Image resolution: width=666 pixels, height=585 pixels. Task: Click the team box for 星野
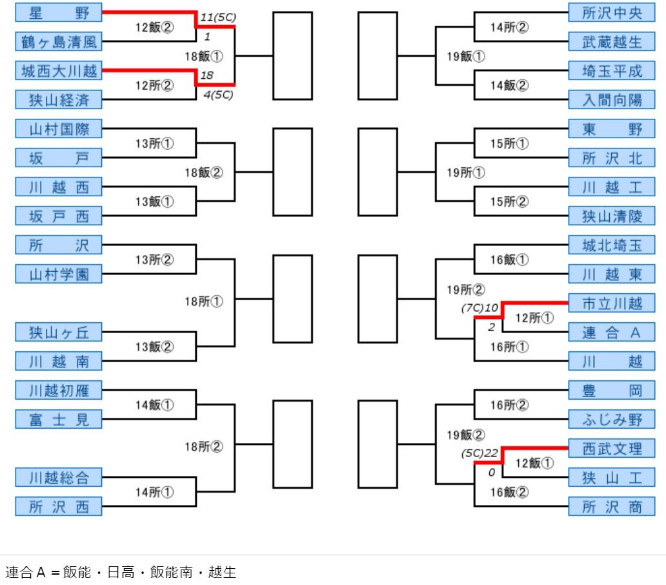(58, 12)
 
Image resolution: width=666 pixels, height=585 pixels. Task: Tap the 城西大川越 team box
(58, 70)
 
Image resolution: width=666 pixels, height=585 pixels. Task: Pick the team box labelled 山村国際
(58, 129)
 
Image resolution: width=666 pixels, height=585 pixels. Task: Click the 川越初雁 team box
(58, 390)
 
